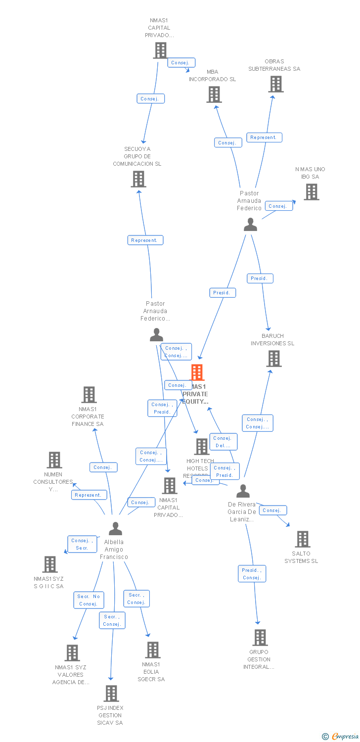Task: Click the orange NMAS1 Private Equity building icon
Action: pos(197,372)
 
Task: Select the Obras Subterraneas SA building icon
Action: pos(276,84)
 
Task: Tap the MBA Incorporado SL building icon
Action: pos(214,94)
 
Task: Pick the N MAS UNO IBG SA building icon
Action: pos(311,192)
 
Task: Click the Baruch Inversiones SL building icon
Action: pos(274,359)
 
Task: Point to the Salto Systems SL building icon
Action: pos(302,539)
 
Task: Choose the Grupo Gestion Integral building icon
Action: pos(260,638)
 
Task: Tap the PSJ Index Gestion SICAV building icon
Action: pos(111,694)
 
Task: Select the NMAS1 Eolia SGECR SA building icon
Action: pos(153,650)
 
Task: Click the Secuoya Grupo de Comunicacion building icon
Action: pos(138,179)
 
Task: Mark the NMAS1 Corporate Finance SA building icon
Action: pos(89,395)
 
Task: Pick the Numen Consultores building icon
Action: pos(54,460)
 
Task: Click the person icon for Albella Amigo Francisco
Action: pos(115,529)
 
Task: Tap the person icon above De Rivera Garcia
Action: pos(243,491)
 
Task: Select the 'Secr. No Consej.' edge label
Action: pos(89,600)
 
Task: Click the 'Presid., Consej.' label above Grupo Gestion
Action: pos(252,574)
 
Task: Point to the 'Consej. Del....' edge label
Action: pos(223,442)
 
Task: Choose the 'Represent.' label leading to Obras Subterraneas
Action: pos(264,138)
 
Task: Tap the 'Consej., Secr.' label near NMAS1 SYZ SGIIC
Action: pos(82,544)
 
